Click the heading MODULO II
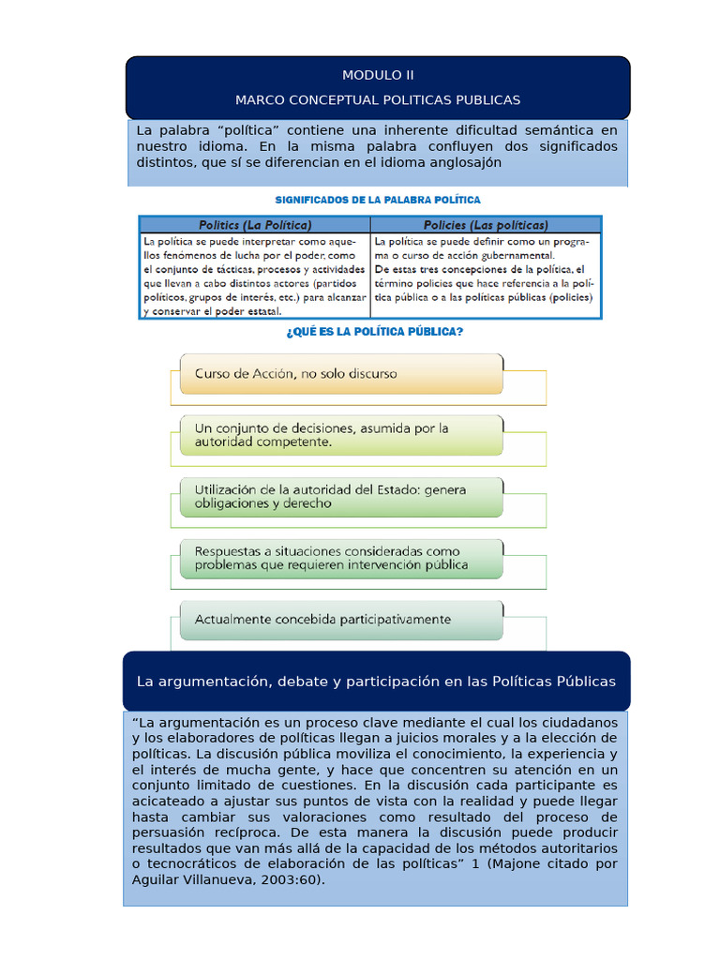378,75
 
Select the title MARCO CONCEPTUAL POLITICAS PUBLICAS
378,99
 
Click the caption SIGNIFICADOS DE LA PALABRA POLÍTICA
377,200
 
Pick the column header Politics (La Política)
255,225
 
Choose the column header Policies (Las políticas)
486,225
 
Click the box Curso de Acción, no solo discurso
340,373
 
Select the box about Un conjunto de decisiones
340,435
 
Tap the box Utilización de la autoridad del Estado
340,496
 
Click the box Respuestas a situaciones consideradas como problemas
340,558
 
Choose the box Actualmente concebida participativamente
340,619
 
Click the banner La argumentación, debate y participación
376,681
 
